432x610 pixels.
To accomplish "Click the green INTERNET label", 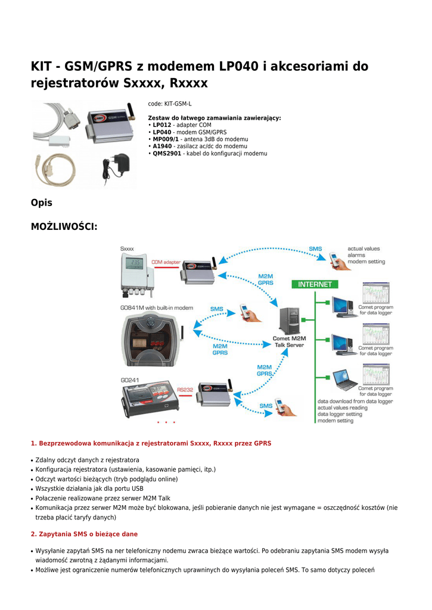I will (x=315, y=284).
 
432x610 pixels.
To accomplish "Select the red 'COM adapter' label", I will (x=166, y=262).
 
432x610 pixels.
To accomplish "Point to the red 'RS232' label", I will (x=185, y=390).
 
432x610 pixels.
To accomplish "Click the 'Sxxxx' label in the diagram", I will (x=127, y=248).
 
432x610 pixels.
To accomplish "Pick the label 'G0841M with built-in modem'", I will (x=156, y=308).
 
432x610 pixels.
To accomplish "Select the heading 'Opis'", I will (x=42, y=203).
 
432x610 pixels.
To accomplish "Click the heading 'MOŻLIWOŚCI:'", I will (x=64, y=226).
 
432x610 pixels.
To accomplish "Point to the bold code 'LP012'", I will (x=162, y=125).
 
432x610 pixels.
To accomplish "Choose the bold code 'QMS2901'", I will (x=167, y=154).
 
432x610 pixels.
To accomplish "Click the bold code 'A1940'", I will (x=162, y=147).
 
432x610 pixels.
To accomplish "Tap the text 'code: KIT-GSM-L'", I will (x=170, y=104).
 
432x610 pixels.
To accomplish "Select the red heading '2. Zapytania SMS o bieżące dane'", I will (x=84, y=534).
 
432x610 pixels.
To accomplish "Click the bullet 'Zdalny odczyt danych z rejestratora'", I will (x=87, y=460).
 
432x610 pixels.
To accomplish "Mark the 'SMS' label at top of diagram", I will (x=315, y=248).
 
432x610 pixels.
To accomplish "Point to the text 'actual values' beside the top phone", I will (x=363, y=248).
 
